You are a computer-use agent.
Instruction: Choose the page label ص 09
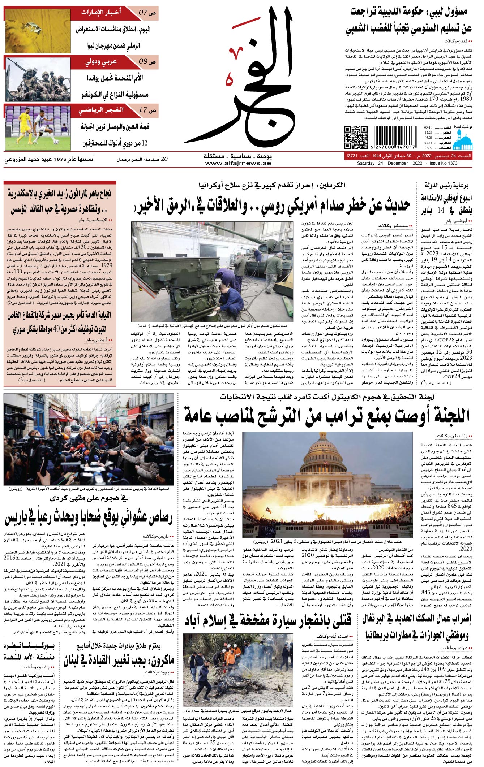click(x=147, y=61)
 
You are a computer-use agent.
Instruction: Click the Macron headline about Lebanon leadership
click(x=119, y=661)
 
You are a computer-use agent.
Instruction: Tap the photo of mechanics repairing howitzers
click(x=212, y=272)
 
